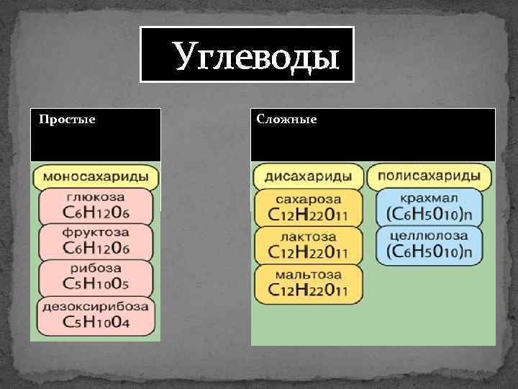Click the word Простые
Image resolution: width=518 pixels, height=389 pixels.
[x=67, y=119]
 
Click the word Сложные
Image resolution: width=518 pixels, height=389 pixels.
[x=286, y=119]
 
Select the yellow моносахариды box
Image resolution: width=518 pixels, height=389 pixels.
[x=96, y=176]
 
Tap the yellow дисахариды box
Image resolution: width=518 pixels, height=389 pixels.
[x=308, y=175]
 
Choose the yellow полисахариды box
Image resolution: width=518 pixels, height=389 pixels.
[x=429, y=175]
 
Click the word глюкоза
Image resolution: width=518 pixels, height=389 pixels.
[x=96, y=197]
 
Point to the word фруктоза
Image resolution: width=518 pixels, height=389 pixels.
[x=96, y=233]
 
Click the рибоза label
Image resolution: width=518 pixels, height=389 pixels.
[x=96, y=268]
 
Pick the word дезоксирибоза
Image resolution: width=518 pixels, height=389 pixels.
[x=96, y=305]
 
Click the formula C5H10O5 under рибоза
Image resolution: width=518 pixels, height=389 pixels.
[x=96, y=285]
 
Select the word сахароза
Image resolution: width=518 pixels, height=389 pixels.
[x=308, y=198]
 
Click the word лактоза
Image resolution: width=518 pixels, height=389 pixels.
[x=308, y=236]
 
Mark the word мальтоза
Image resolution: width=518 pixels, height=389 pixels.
[x=308, y=274]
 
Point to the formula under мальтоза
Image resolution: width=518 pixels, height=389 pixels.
[x=308, y=290]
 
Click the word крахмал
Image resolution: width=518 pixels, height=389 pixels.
[x=429, y=198]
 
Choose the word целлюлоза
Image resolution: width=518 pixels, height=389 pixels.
[x=429, y=236]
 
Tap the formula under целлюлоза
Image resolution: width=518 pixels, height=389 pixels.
[x=429, y=251]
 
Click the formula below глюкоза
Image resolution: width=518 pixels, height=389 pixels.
[x=96, y=213]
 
